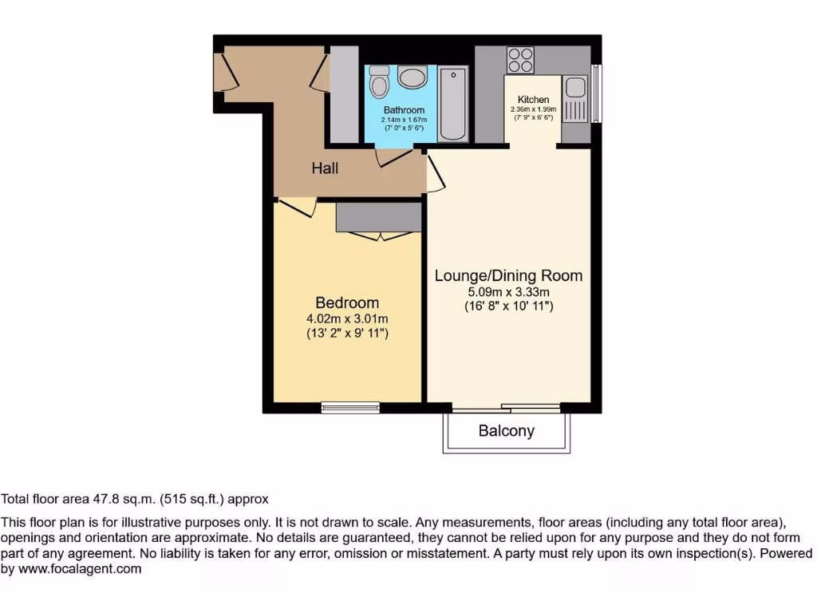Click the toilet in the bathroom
(379, 83)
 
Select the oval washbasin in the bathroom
(412, 78)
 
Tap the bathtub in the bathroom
(453, 104)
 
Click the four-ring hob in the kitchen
(520, 60)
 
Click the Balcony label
(506, 431)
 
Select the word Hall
(325, 168)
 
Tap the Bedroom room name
(347, 303)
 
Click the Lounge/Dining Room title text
(508, 276)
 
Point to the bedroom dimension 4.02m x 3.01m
(347, 318)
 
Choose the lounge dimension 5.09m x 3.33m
(508, 291)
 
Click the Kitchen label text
(533, 100)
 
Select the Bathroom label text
(404, 110)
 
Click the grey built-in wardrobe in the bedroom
(378, 216)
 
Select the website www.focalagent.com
(79, 569)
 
